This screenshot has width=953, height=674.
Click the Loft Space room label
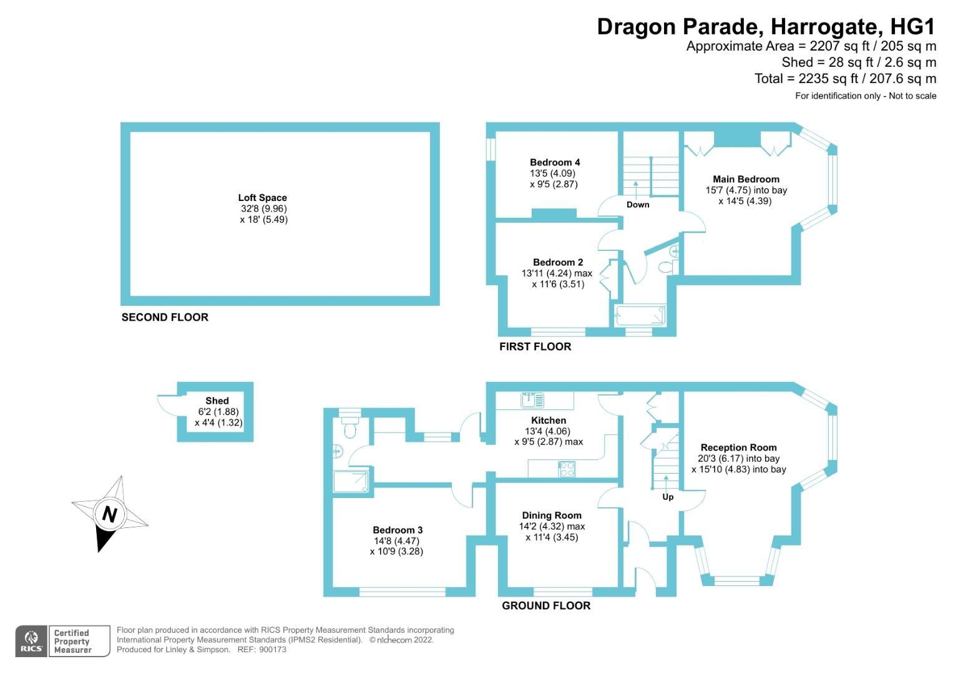pos(262,198)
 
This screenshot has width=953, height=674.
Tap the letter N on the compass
pos(110,515)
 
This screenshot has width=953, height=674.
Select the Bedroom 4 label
pos(555,162)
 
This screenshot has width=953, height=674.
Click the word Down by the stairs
pos(638,205)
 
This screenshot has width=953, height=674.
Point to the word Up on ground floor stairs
pos(668,497)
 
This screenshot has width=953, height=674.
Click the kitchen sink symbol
pos(532,399)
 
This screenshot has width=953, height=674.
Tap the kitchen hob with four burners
pos(567,469)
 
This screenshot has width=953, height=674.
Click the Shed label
pos(217,401)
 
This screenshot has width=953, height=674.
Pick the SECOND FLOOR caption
pos(165,317)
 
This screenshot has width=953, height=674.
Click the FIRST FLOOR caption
pos(535,346)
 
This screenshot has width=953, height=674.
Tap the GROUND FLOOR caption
pos(546,605)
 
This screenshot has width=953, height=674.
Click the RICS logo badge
pos(32,641)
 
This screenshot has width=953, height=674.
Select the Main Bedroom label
pos(746,179)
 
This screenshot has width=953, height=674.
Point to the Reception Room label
pos(738,447)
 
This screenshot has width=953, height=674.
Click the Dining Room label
pos(552,515)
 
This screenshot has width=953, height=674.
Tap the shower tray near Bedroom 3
pos(351,481)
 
